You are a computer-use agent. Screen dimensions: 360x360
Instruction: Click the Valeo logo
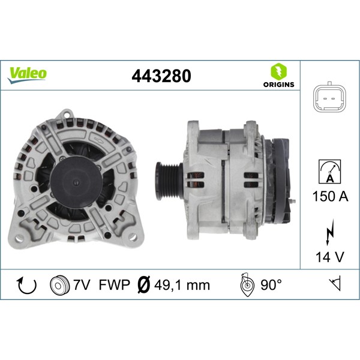pyautogui.click(x=27, y=74)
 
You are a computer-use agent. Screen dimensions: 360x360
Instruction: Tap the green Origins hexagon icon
pyautogui.click(x=279, y=71)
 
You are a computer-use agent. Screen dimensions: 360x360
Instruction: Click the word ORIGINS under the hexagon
pyautogui.click(x=279, y=85)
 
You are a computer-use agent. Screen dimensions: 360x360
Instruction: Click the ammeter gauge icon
pyautogui.click(x=329, y=171)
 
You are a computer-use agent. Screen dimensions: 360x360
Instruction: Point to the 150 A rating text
pyautogui.click(x=329, y=196)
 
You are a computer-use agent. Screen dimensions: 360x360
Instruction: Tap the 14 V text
pyautogui.click(x=329, y=257)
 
